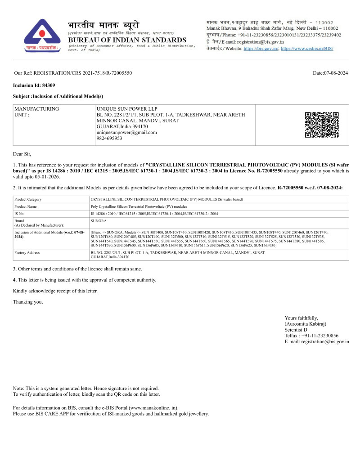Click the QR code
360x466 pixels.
[321, 125]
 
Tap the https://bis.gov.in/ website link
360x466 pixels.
[261, 48]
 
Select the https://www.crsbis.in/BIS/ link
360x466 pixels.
[307, 48]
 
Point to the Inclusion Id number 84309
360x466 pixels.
[48, 85]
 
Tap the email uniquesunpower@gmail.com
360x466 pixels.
[126, 132]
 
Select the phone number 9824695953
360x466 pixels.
[109, 138]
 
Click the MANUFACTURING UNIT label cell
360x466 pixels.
[36, 112]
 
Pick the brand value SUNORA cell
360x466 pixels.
[99, 221]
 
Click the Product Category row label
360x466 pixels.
[28, 199]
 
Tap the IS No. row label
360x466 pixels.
[20, 214]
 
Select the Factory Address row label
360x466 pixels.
[27, 253]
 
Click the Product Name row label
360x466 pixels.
[26, 206]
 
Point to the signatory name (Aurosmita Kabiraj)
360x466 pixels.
[305, 323]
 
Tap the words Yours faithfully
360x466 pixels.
[301, 318]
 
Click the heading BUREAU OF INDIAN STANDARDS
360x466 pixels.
[127, 40]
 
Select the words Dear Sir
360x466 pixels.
[22, 154]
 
